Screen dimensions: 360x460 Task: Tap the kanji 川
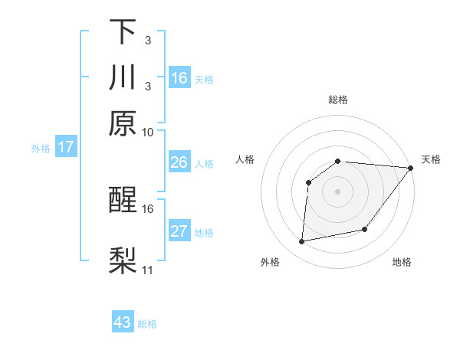coord(123,77)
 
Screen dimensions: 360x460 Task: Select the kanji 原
coord(123,123)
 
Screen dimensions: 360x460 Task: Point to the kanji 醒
coord(123,201)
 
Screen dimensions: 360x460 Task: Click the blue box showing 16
coord(179,78)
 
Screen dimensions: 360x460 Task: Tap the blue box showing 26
coord(179,162)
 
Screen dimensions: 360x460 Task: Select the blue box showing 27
coord(179,231)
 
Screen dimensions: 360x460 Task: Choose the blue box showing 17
coord(65,147)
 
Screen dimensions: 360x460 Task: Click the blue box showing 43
coord(123,322)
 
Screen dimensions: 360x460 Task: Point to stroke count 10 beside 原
coord(148,132)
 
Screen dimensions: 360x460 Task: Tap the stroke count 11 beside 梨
coord(148,270)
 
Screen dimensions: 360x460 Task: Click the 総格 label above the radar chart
coord(338,100)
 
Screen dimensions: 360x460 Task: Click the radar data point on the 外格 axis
coord(302,242)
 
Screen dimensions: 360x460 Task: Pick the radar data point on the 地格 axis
coord(365,229)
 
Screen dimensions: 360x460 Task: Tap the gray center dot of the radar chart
coord(338,191)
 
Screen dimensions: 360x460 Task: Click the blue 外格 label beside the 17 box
coord(41,149)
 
